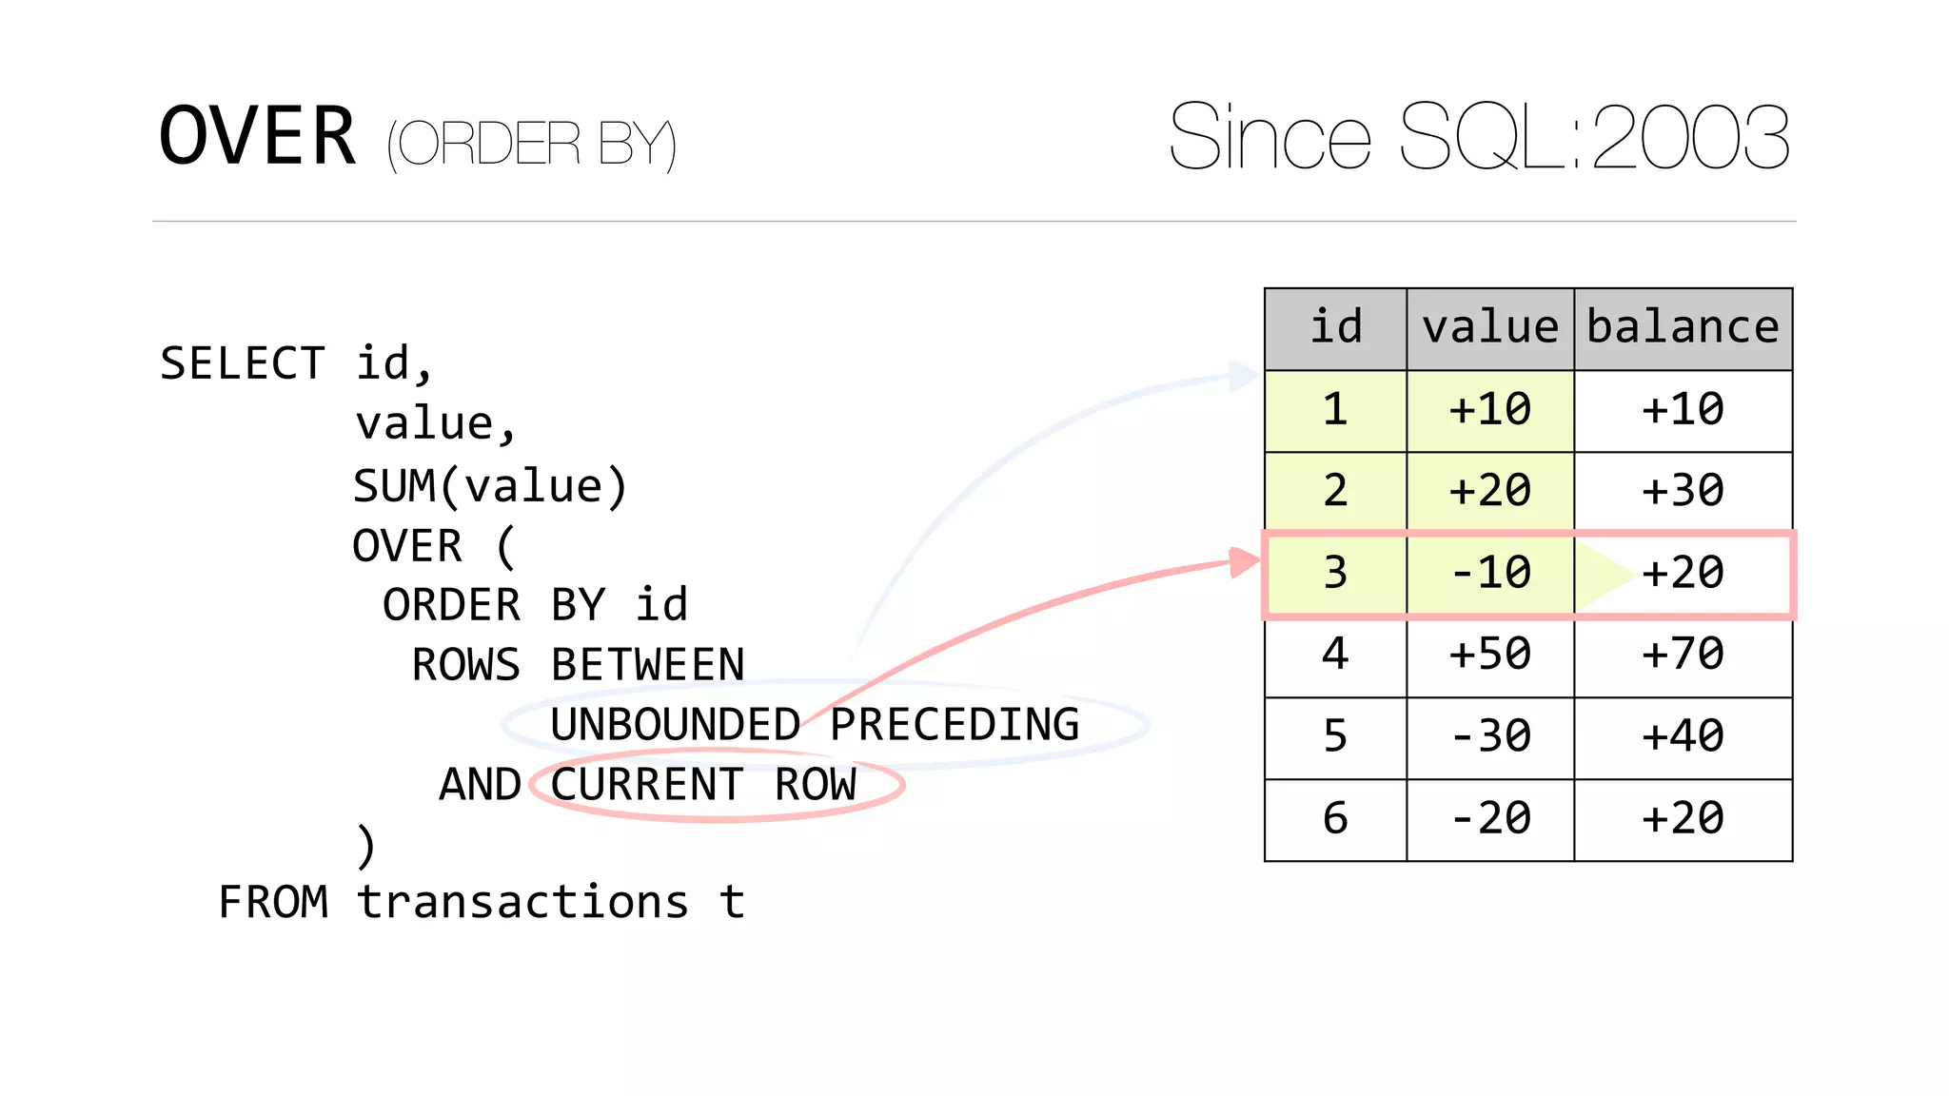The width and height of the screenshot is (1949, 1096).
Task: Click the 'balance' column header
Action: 1683,328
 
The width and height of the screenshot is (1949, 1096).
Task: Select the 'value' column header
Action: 1490,328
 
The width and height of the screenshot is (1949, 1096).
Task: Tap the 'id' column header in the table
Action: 1335,328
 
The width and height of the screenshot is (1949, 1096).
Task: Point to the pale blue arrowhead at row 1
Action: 1242,376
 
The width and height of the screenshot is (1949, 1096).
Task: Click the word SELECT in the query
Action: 243,364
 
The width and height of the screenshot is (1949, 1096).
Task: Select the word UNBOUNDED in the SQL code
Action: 675,726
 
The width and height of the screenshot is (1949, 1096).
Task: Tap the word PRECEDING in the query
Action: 955,726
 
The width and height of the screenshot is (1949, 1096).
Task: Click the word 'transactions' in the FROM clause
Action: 522,903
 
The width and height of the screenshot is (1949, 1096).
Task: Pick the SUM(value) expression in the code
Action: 490,486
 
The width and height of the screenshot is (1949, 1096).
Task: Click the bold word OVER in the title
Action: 257,138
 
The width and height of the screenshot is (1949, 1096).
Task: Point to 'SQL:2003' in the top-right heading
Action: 1595,139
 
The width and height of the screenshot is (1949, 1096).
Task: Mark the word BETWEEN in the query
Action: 648,665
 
